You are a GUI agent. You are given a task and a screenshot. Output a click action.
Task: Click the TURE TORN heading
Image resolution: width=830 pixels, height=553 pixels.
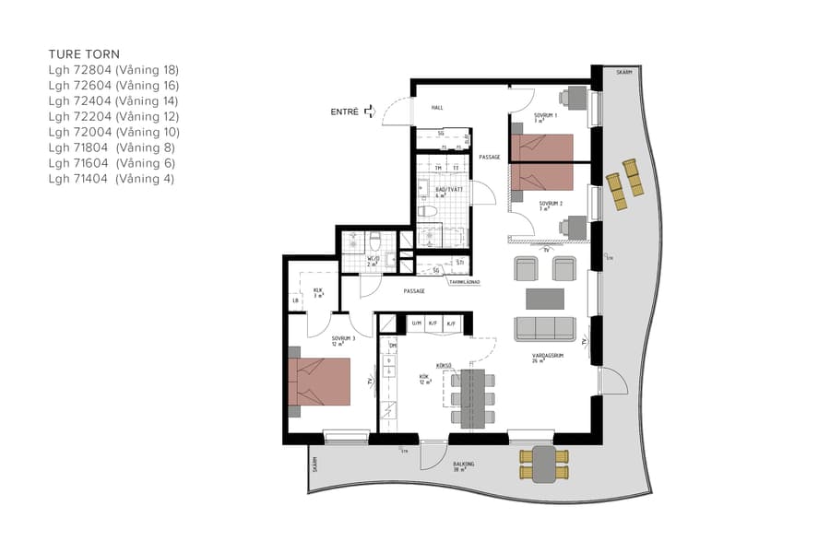pyautogui.click(x=84, y=54)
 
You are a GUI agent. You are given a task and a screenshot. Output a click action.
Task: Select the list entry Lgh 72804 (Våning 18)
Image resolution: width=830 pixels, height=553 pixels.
pyautogui.click(x=113, y=70)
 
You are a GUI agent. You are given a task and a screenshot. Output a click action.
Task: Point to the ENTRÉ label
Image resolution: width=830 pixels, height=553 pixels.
pyautogui.click(x=344, y=112)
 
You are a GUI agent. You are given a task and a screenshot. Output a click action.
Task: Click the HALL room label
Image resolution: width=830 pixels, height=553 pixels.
pyautogui.click(x=437, y=108)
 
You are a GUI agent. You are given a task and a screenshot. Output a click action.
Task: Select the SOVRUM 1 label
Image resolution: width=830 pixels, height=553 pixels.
pyautogui.click(x=545, y=117)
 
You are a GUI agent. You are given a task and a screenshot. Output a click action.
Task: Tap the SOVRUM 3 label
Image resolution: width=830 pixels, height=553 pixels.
pyautogui.click(x=343, y=339)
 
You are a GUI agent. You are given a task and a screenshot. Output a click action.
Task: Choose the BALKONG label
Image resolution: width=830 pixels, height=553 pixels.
pyautogui.click(x=463, y=465)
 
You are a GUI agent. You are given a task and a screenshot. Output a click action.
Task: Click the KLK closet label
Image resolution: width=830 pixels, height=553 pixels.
pyautogui.click(x=317, y=290)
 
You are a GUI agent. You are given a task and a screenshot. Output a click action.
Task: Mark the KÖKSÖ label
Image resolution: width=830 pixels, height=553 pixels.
pyautogui.click(x=444, y=366)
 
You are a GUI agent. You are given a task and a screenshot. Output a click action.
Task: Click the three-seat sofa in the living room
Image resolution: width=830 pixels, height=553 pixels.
pyautogui.click(x=544, y=329)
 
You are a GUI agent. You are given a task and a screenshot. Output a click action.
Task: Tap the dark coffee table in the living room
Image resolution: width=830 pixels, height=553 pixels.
pyautogui.click(x=544, y=299)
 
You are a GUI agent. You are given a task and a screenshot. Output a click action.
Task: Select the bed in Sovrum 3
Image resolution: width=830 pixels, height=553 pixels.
pyautogui.click(x=319, y=382)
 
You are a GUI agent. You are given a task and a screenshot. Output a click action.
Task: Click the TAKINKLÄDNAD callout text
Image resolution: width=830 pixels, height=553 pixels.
pyautogui.click(x=467, y=282)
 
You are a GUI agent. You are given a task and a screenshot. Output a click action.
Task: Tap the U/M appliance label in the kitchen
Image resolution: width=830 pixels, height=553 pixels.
pyautogui.click(x=416, y=324)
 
